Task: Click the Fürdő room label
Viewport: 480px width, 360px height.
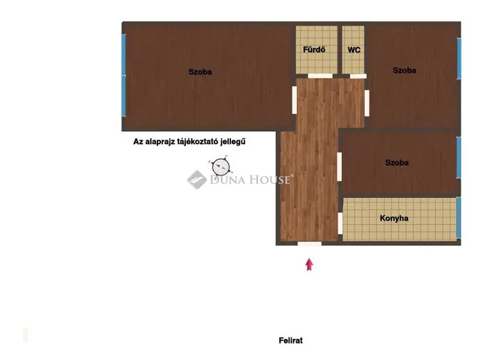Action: (x=314, y=49)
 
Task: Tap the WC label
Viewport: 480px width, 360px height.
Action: (x=354, y=50)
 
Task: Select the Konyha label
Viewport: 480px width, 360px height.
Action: (x=394, y=218)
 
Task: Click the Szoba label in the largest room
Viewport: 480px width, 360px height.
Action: (x=200, y=72)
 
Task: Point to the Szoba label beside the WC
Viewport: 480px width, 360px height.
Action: (x=404, y=70)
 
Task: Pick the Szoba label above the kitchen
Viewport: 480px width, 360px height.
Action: (x=397, y=163)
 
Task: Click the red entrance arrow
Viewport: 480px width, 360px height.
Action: (x=309, y=265)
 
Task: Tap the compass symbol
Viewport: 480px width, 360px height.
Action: (x=220, y=166)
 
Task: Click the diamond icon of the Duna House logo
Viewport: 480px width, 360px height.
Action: (x=196, y=180)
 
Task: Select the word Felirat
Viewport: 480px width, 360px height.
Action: (x=290, y=340)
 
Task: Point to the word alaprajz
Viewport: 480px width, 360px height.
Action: (x=162, y=142)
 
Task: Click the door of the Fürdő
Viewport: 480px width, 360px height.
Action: (x=320, y=76)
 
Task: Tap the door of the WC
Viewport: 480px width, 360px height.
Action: (x=358, y=76)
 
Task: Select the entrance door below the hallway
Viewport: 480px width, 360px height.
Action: (x=310, y=244)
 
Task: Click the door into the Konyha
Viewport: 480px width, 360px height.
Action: (x=340, y=223)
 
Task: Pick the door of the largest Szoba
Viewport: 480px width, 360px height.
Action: (x=294, y=100)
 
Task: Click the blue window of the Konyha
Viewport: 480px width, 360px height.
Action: (x=458, y=217)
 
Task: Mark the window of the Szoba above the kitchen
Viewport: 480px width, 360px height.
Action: (x=458, y=157)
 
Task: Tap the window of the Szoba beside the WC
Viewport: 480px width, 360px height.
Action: (x=459, y=58)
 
